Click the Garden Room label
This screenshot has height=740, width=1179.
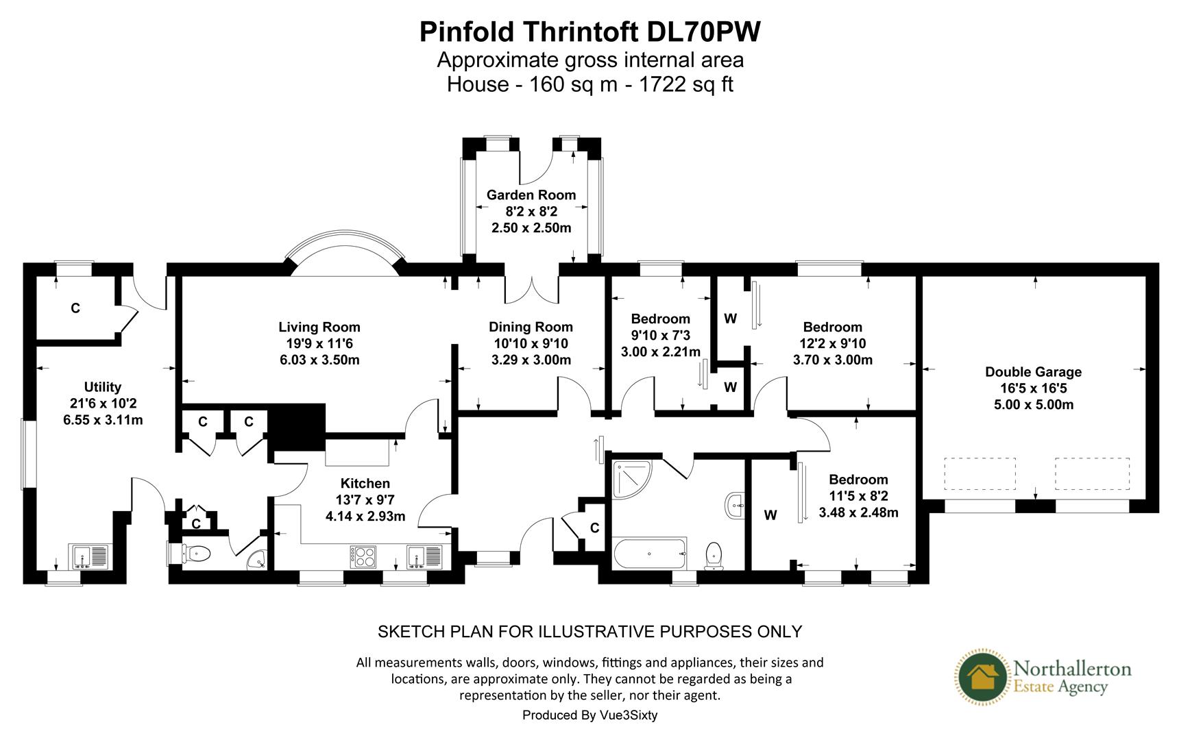coord(531,195)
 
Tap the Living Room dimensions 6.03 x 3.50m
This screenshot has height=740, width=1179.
coord(319,360)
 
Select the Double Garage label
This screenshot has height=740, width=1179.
coord(1033,372)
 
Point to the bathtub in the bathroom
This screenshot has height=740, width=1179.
coord(648,554)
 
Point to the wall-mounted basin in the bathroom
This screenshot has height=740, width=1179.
coord(735,506)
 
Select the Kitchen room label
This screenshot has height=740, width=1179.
coord(365,484)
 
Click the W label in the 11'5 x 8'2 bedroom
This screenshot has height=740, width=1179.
coord(770,515)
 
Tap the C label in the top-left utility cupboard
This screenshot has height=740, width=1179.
coord(75,308)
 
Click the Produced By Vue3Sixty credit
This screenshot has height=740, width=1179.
coord(589,715)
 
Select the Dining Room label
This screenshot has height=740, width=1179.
coord(531,327)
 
